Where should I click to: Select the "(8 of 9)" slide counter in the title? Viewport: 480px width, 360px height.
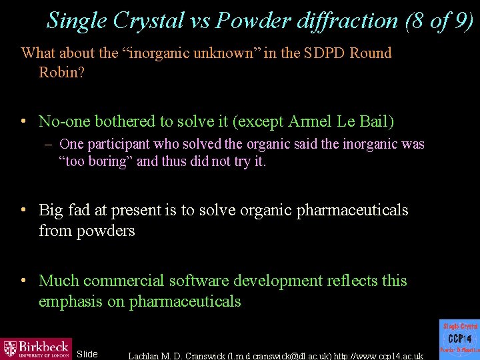[439, 20]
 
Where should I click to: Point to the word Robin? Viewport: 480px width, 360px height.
[61, 72]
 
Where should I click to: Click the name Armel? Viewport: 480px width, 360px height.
[312, 121]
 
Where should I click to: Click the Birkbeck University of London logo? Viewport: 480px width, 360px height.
[36, 348]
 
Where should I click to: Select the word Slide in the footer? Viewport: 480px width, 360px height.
[87, 354]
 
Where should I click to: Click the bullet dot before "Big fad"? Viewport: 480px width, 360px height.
[23, 211]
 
